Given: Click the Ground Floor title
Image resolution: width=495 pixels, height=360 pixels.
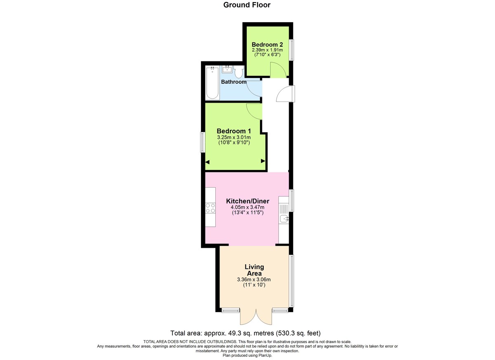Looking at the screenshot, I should [x=247, y=5].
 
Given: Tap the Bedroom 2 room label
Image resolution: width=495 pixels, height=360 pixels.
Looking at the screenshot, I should [x=267, y=45].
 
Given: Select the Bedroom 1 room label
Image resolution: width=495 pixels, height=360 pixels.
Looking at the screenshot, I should [x=234, y=131].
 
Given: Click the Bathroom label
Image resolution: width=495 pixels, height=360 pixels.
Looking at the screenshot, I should [x=233, y=82].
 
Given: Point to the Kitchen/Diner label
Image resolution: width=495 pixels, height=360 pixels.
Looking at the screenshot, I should [x=247, y=201].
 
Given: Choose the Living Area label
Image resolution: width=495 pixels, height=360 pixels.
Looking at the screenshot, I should [x=254, y=270].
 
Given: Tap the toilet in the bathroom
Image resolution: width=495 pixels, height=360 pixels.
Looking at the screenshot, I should [x=239, y=72].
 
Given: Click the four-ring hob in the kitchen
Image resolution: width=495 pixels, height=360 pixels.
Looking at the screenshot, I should [x=210, y=208].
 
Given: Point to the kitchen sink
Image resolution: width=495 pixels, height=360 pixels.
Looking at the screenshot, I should [x=284, y=219].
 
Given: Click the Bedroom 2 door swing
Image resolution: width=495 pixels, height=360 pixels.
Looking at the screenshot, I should [x=277, y=70].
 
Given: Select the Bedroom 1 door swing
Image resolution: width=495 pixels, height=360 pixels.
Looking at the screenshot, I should [x=255, y=111].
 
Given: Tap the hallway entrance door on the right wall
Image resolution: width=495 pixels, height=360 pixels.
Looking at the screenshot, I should [x=285, y=94].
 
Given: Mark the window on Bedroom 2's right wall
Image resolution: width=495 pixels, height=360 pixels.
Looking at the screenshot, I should [x=291, y=50].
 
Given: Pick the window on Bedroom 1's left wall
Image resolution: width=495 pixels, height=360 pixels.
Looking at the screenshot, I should [x=203, y=142].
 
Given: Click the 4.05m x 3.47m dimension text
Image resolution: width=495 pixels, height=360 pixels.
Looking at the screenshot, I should [x=247, y=207].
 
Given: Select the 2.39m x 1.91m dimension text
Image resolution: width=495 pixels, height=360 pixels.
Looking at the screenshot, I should [x=267, y=50].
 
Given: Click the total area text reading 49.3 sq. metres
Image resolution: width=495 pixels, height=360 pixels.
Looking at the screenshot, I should [x=245, y=333].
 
